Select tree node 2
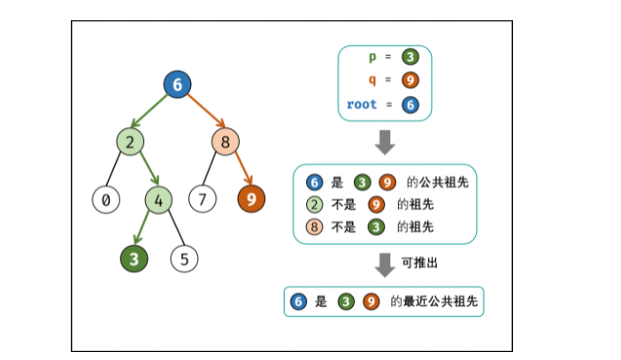130,141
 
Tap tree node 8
226,141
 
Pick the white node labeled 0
106,199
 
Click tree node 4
159,199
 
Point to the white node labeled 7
203,199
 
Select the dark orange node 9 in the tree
251,199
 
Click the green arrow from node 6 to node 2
153,112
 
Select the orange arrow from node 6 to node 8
203,112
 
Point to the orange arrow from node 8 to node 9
239,170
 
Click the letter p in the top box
372,57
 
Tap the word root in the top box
362,104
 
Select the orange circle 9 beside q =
410,80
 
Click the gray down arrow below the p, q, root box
385,142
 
